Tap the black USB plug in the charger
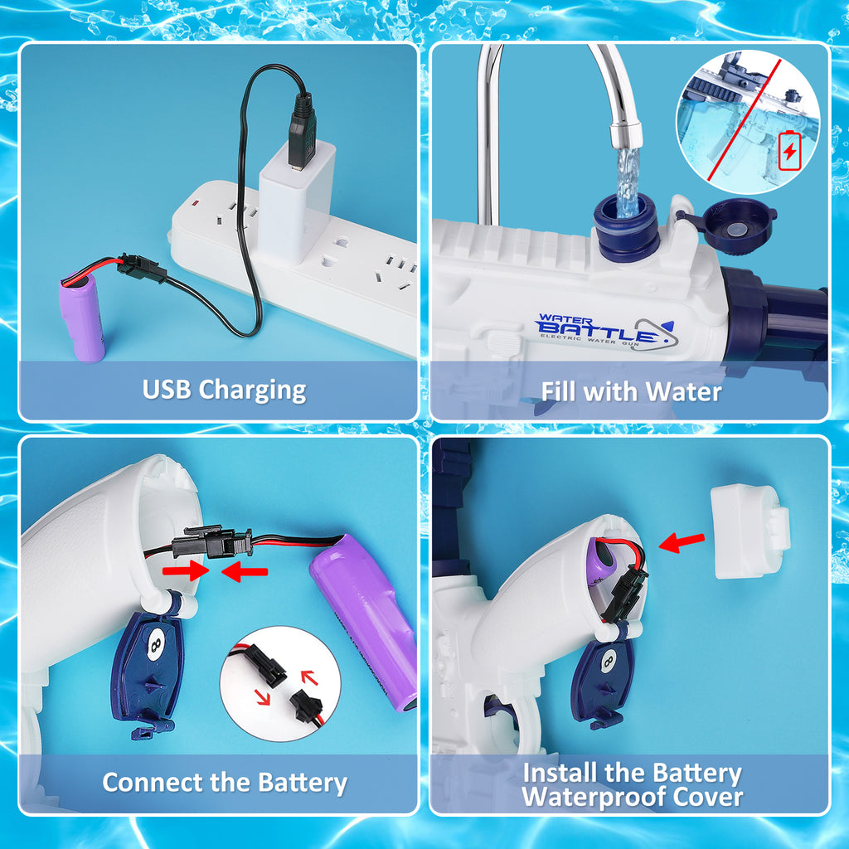(x=302, y=129)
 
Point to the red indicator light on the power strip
(x=196, y=202)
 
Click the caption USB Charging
(x=224, y=389)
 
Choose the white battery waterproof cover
(x=749, y=531)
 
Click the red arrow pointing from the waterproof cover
(x=681, y=542)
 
